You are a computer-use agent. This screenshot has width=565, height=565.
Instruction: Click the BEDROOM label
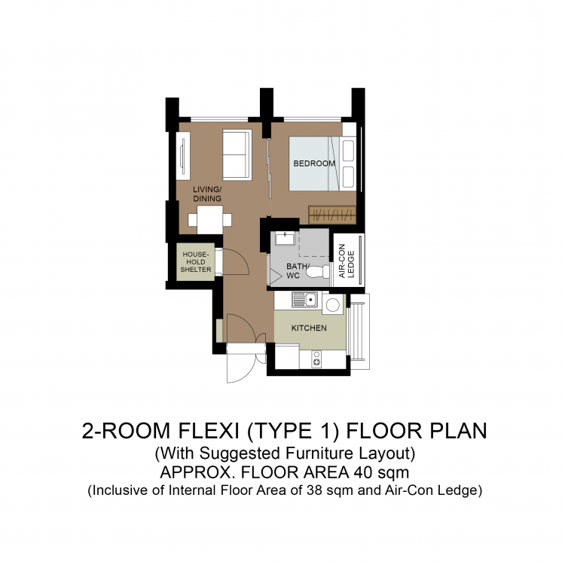point(314,163)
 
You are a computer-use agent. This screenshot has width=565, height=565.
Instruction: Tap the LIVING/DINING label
point(207,194)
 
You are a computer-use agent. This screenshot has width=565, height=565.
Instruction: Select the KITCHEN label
point(309,328)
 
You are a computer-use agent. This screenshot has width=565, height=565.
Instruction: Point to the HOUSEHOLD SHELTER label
point(196,262)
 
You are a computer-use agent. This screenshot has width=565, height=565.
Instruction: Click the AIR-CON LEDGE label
point(347,261)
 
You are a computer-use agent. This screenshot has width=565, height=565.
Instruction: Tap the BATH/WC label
point(297,271)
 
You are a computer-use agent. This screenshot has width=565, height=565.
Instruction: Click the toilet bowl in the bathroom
point(318,272)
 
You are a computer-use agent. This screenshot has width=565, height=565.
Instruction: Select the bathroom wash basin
point(285,239)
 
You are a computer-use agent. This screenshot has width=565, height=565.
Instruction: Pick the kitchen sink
point(305,299)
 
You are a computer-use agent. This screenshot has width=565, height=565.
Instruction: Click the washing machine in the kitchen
point(333,305)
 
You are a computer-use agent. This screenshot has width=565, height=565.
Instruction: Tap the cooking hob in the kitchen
point(316,359)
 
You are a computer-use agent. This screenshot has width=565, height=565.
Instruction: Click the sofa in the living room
point(237,154)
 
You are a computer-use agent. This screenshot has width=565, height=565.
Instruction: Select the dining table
point(209,220)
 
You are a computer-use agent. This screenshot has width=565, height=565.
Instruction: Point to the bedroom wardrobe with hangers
point(332,215)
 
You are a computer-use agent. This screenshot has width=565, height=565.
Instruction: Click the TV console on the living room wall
point(183,156)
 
